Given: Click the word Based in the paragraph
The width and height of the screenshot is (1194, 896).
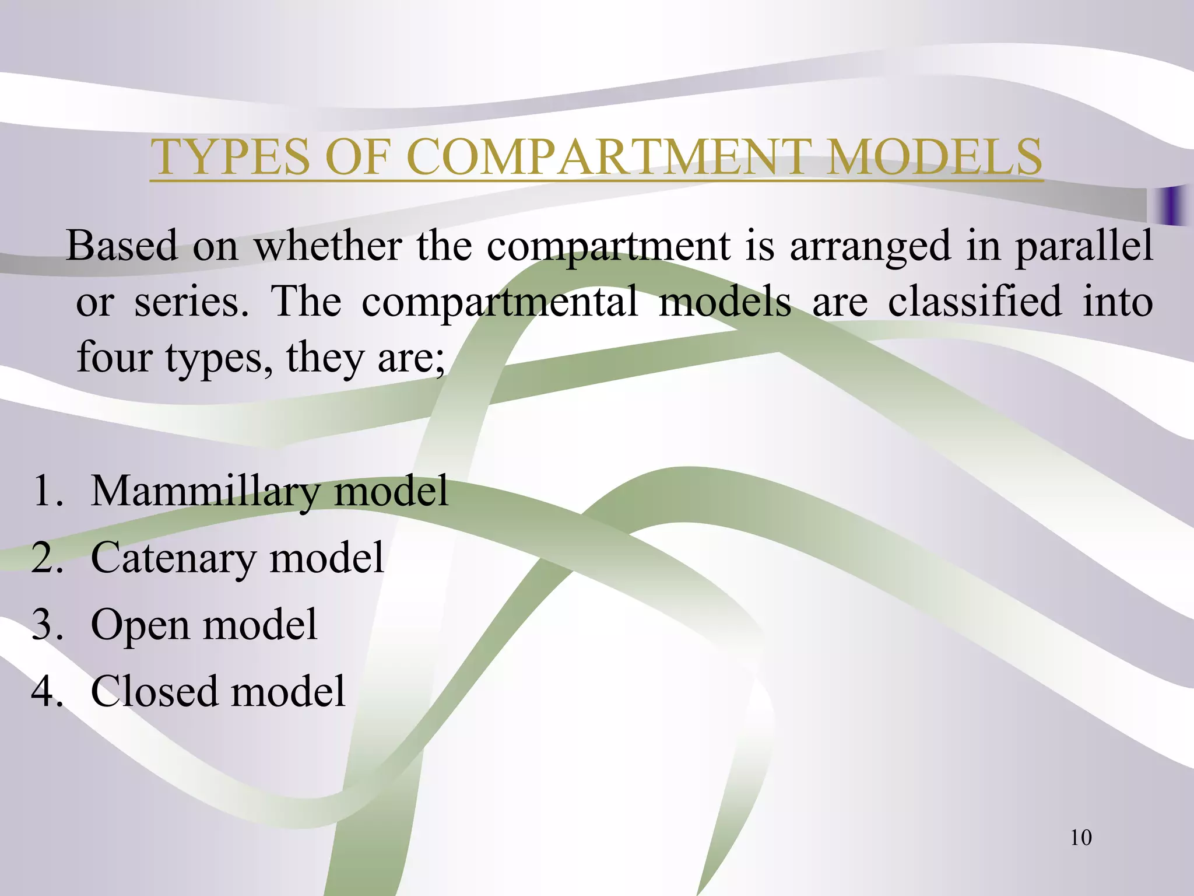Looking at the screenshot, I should point(121,246).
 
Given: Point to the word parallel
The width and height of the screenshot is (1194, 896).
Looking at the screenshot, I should point(1084,246).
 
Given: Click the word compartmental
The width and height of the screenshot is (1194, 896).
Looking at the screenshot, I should point(500,302).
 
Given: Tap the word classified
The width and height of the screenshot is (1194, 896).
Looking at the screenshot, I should point(974,302).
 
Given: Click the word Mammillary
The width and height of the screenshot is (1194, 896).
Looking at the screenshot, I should point(205,491).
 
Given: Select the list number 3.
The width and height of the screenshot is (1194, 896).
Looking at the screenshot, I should point(47,625).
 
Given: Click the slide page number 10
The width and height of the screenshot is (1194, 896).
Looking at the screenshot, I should point(1080,838).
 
